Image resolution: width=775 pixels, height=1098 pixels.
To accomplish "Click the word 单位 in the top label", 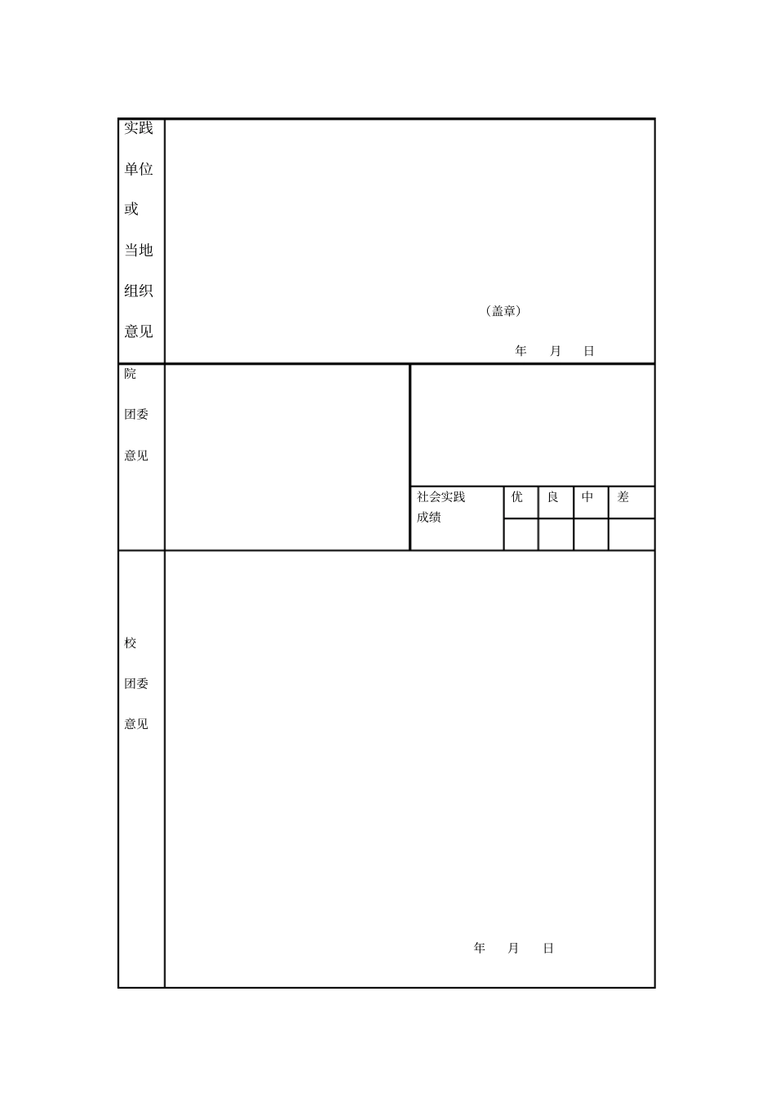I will pyautogui.click(x=139, y=169).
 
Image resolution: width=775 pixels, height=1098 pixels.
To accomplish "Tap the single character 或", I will pyautogui.click(x=131, y=209).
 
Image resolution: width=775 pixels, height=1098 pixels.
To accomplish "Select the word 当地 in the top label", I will pyautogui.click(x=139, y=250).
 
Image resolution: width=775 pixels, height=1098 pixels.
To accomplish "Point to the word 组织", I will pyautogui.click(x=139, y=291).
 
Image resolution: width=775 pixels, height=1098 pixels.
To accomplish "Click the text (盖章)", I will pyautogui.click(x=503, y=311).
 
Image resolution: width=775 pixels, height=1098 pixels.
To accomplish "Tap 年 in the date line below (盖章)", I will pyautogui.click(x=521, y=351).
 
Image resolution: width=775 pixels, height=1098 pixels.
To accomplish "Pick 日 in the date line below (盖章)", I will pyautogui.click(x=589, y=351).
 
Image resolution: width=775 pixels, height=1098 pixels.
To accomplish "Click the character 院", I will pyautogui.click(x=131, y=374).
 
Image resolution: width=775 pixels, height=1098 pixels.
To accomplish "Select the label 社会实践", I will pyautogui.click(x=441, y=497).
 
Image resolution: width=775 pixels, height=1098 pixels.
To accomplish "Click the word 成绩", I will pyautogui.click(x=429, y=518).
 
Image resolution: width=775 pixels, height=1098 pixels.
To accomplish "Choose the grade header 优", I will pyautogui.click(x=517, y=497).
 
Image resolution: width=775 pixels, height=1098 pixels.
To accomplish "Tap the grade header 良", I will pyautogui.click(x=553, y=497).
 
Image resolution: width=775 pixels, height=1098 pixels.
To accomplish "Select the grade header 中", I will pyautogui.click(x=587, y=497).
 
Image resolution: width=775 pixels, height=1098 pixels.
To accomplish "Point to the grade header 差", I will pyautogui.click(x=623, y=497).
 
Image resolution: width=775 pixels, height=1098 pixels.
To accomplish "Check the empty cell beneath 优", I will pyautogui.click(x=520, y=535).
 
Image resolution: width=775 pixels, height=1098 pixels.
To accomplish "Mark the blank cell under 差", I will pyautogui.click(x=631, y=535).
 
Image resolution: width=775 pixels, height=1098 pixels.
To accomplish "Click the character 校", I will pyautogui.click(x=131, y=643).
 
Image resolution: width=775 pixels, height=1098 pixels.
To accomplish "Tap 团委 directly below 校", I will pyautogui.click(x=136, y=684).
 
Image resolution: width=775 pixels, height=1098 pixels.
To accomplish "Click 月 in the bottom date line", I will pyautogui.click(x=513, y=948).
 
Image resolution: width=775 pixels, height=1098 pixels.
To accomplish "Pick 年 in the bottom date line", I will pyautogui.click(x=480, y=948).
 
